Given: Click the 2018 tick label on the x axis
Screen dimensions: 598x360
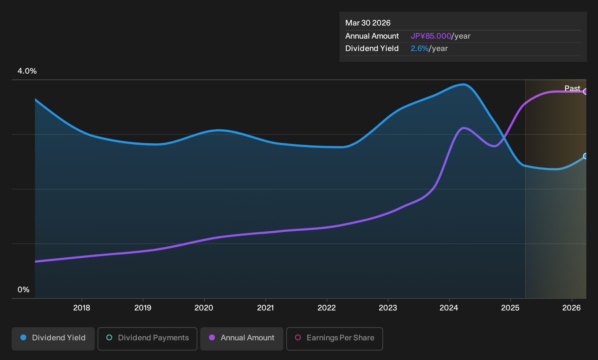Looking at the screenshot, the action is (82, 308).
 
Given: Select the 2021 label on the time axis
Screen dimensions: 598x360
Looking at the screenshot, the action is (265, 308).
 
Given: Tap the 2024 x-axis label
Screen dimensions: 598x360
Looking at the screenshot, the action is (449, 308).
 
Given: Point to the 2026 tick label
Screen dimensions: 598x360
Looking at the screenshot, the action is (571, 308).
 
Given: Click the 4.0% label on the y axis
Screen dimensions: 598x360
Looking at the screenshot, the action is (27, 71).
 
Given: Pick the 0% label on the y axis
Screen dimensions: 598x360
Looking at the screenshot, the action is (24, 290).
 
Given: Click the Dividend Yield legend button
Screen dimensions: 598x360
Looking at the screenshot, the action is (53, 339).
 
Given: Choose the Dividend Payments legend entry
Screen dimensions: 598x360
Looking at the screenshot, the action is (147, 339).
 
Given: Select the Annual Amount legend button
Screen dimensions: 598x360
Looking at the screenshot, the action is (241, 339).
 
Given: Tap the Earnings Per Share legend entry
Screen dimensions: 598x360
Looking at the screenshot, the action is (334, 339).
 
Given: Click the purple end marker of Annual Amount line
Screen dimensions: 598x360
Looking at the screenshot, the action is (586, 91).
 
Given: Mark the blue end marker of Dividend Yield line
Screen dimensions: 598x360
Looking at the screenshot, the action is (586, 156).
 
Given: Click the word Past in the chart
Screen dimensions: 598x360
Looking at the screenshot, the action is (572, 89).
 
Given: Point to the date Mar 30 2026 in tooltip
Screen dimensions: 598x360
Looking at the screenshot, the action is (367, 23).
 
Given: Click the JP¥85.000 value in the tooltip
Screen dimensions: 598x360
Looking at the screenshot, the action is (431, 36).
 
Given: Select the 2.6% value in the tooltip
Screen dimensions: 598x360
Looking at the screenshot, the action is (420, 48).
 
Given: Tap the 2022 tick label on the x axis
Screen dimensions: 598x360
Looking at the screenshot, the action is (327, 308).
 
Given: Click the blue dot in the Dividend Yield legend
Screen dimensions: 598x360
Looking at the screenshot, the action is (24, 337).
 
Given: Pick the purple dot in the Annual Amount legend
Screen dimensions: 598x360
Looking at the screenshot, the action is (212, 337).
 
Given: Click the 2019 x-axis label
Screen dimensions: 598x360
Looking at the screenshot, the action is (143, 308).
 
